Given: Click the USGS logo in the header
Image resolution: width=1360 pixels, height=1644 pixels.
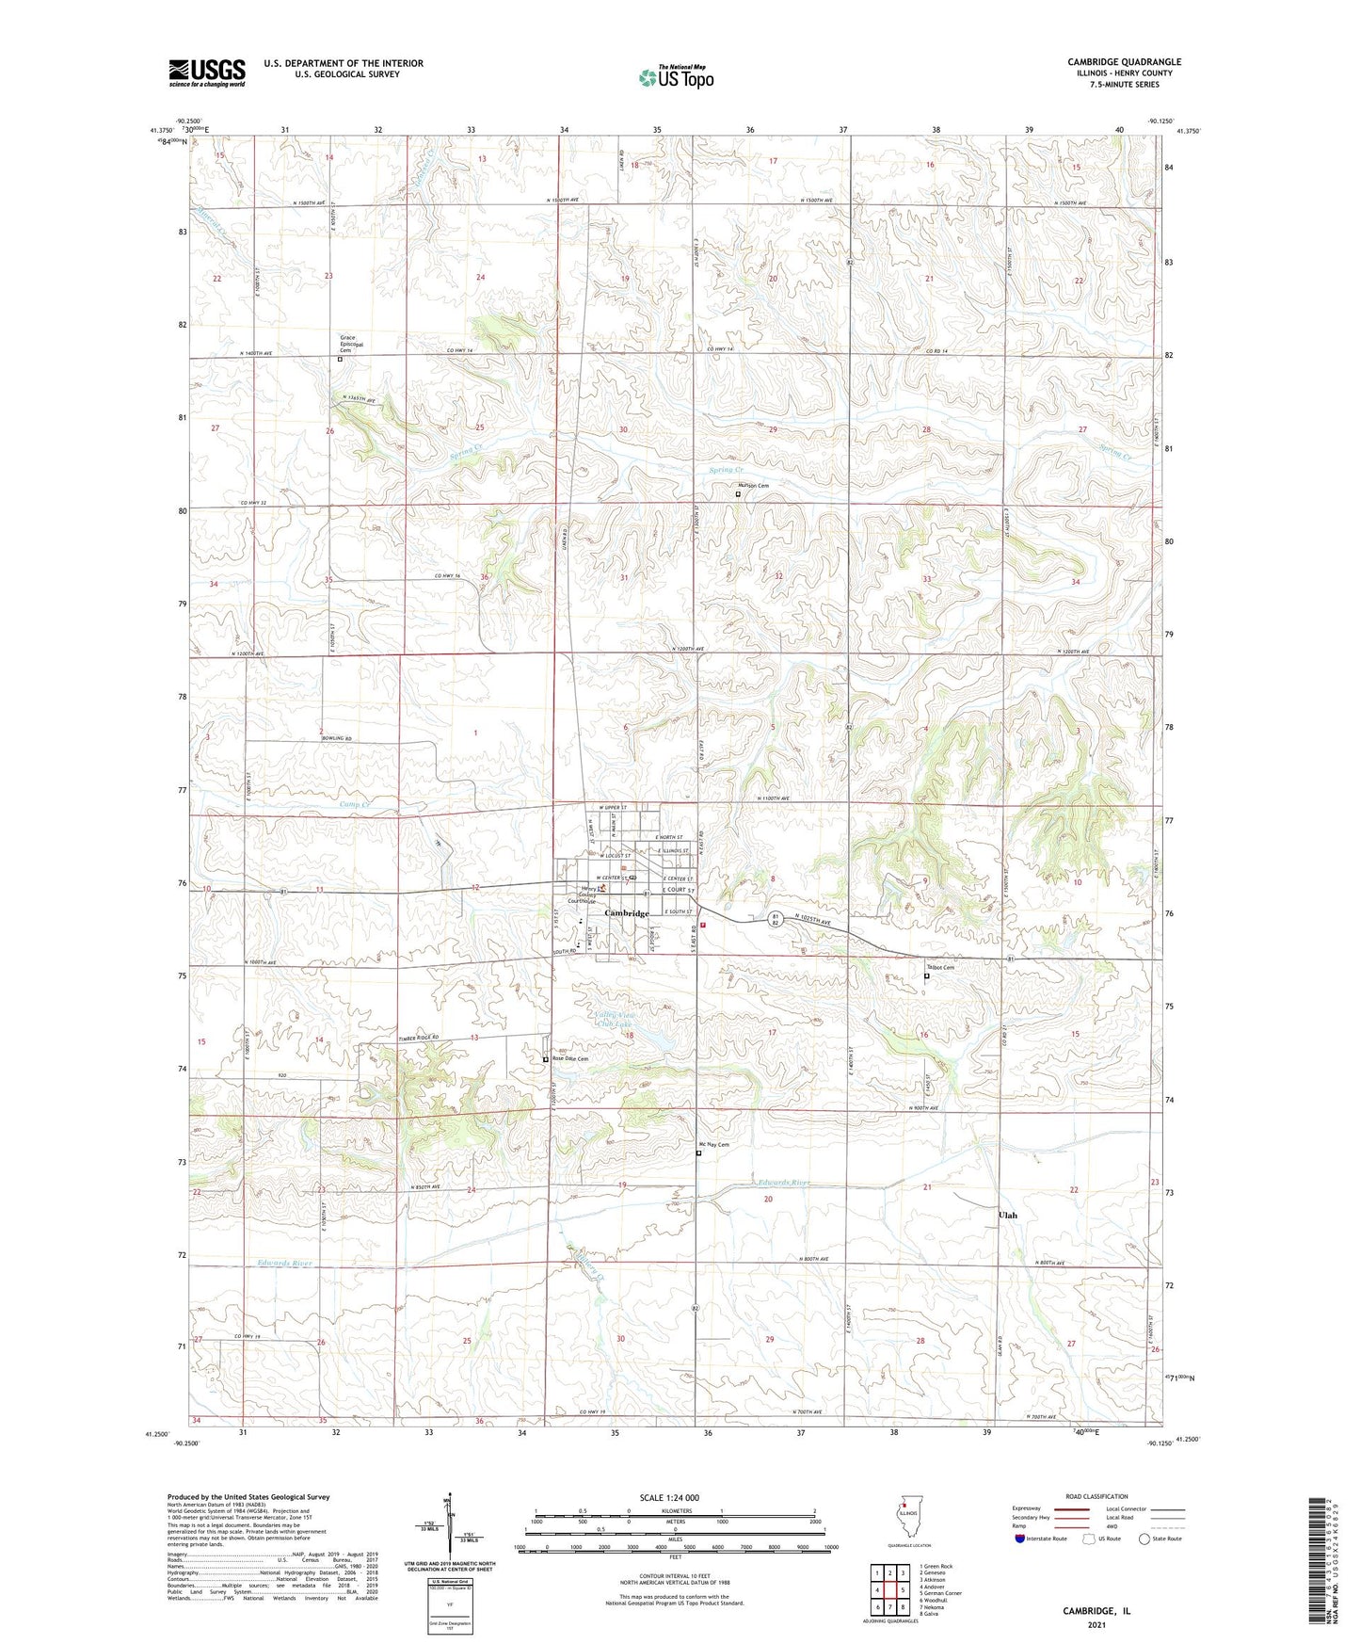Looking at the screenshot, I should (207, 73).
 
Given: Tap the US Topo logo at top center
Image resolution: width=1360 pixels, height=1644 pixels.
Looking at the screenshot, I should (675, 77).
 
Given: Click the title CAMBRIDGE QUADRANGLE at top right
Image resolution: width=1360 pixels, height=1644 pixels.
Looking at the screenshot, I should (1124, 62).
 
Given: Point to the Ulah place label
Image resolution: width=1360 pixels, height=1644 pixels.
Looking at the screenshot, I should (1007, 1215).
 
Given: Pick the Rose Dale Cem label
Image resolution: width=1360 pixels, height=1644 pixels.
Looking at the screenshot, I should (570, 1059).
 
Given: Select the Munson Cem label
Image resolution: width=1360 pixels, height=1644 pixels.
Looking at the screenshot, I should (753, 486).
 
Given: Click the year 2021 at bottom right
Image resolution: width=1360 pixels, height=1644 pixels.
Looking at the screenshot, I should (1096, 1624).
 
